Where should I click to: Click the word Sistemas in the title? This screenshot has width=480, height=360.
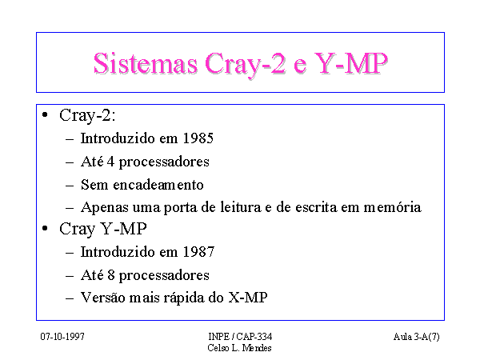pos(146,63)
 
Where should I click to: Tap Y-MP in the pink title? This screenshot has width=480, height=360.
pos(351,63)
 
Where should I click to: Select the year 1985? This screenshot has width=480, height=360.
pos(198,138)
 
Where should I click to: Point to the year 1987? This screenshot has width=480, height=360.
pos(198,252)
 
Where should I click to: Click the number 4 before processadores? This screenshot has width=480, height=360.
pos(110,162)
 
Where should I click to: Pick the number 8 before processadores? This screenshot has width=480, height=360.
pos(111,275)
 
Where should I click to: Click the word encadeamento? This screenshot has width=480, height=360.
pos(158,185)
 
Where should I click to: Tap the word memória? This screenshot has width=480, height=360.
pos(393,207)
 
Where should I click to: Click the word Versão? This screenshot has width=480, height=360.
pos(102,298)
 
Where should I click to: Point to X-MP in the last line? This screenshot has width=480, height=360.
pos(248,298)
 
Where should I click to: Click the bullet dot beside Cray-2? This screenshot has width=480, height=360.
pos(45,114)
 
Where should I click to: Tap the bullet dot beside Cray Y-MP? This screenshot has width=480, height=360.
pos(45,228)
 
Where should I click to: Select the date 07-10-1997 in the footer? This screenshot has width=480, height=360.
pos(62,337)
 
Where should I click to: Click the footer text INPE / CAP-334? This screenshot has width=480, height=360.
pos(240,337)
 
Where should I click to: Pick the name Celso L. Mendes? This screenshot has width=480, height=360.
pos(239,348)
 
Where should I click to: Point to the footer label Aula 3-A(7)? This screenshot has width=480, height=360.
pos(416,337)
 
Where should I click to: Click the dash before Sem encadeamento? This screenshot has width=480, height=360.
pos(70,186)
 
